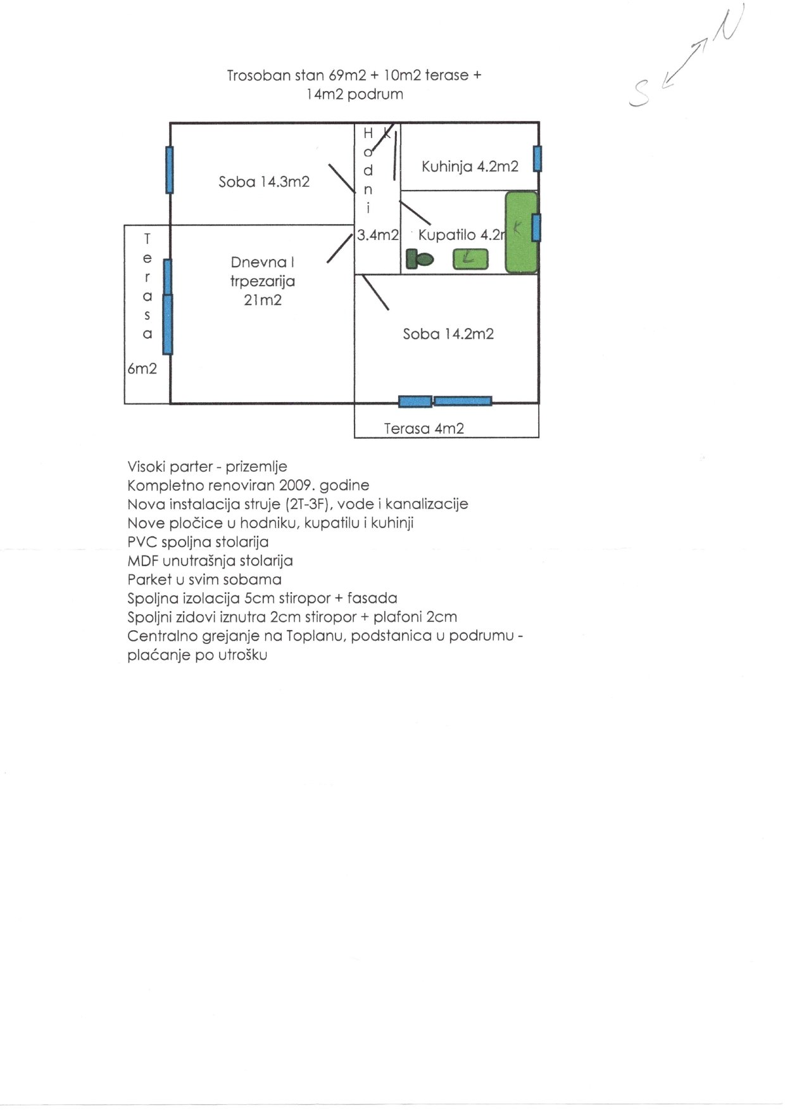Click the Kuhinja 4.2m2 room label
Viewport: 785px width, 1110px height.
coord(470,167)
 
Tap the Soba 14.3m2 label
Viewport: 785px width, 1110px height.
coord(264,182)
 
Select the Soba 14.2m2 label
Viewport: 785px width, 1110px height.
coord(448,334)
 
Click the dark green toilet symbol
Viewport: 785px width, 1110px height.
coord(418,259)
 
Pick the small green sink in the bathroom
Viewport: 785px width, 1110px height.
coord(470,258)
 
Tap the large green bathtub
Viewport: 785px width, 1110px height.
coord(520,232)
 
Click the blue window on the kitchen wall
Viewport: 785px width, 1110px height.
coord(537,158)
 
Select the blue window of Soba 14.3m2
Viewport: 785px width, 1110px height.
coord(169,169)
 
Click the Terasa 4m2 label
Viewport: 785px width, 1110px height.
coord(424,429)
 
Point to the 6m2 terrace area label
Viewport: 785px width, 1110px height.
coord(142,369)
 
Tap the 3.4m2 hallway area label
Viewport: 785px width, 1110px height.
coord(378,235)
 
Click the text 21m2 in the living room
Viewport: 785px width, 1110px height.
coord(263,300)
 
